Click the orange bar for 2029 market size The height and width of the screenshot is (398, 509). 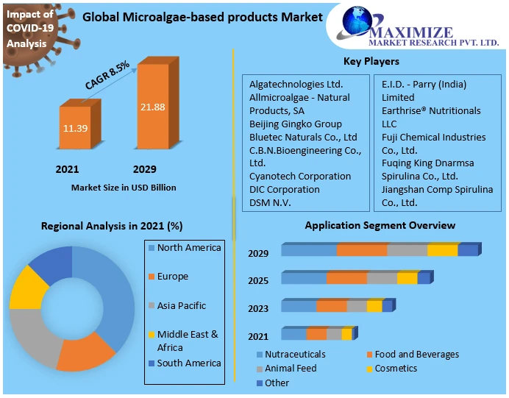point(153,107)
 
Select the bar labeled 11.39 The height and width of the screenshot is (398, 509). point(74,128)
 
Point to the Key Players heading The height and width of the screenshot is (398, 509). point(371,62)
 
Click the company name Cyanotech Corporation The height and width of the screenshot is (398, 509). point(299,177)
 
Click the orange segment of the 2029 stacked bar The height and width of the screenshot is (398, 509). point(362,251)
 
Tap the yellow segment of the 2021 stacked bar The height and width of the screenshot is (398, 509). point(346,334)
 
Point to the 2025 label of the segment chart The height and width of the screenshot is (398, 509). point(258,281)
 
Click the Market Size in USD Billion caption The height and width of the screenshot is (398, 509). point(124,188)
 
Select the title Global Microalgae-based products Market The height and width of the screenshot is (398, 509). point(202,17)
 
